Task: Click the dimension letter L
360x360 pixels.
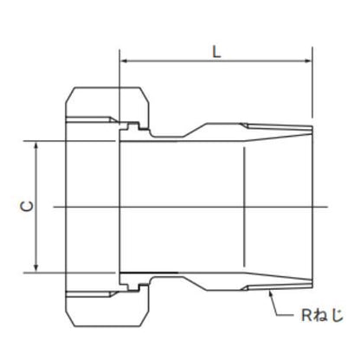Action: (x=216, y=52)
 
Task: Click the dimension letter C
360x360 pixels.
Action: (x=27, y=207)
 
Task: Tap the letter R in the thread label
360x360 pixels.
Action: (x=306, y=315)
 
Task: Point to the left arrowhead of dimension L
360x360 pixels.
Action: (x=125, y=61)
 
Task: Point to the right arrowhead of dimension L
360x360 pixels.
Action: (x=307, y=61)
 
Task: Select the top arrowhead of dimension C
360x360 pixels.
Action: (x=36, y=145)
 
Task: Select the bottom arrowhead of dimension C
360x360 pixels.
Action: (x=36, y=267)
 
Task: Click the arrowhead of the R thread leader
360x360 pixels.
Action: (x=271, y=293)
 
